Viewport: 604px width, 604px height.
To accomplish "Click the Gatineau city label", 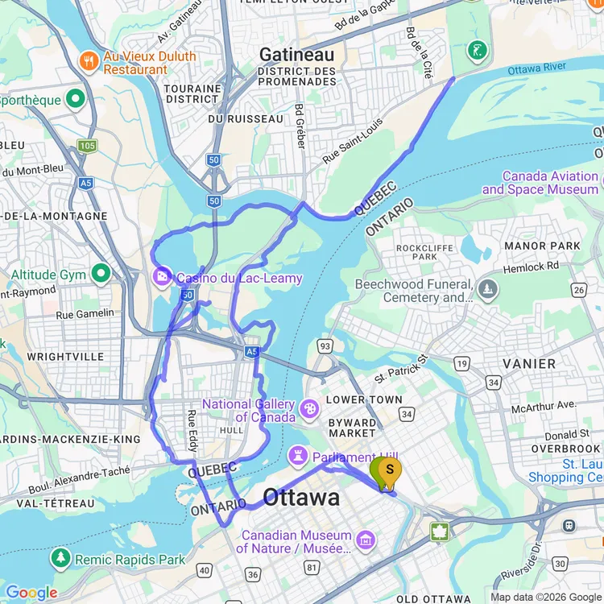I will pos(296,55).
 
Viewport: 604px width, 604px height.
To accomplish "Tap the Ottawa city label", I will pos(302,497).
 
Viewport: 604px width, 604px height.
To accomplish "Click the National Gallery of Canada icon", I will pos(308,410).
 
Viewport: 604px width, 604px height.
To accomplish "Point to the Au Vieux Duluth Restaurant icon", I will pos(89,60).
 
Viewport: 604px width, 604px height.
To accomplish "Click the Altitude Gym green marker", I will pos(101,275).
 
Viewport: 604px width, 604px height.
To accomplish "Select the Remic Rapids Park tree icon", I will pos(60,559).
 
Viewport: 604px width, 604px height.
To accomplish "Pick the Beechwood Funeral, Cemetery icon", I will pos(486,288).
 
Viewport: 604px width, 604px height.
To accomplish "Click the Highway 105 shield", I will pos(87,146).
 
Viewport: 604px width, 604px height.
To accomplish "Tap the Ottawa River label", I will pos(538,70).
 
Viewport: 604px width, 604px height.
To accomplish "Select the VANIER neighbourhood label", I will pos(529,364).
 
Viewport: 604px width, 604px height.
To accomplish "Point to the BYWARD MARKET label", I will pos(352,428).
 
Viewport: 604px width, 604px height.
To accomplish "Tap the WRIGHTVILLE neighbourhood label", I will pos(65,356).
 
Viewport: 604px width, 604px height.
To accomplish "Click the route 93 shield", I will pos(325,346).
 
